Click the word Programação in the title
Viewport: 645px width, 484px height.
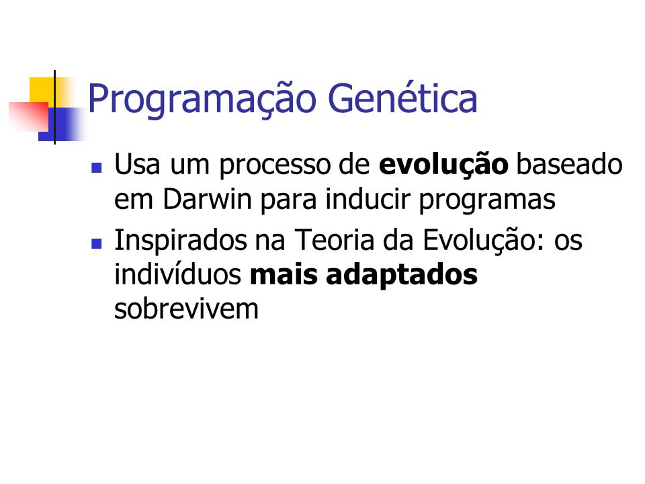[x=202, y=99]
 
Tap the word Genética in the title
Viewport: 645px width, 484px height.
[x=402, y=97]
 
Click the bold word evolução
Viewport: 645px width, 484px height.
[x=443, y=165]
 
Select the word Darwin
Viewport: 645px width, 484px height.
[x=207, y=200]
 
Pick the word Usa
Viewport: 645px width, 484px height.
[x=137, y=165]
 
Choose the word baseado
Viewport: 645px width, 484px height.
[x=569, y=164]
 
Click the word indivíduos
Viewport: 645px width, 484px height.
[x=177, y=274]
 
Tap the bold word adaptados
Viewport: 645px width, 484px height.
[x=402, y=276]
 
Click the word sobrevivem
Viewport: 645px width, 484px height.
[x=186, y=309]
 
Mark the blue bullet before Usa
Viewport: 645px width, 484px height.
[x=97, y=168]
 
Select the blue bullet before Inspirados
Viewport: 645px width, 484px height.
[x=97, y=243]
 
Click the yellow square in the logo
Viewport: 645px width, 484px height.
[x=42, y=91]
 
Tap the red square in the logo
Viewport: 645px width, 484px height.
[x=29, y=116]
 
